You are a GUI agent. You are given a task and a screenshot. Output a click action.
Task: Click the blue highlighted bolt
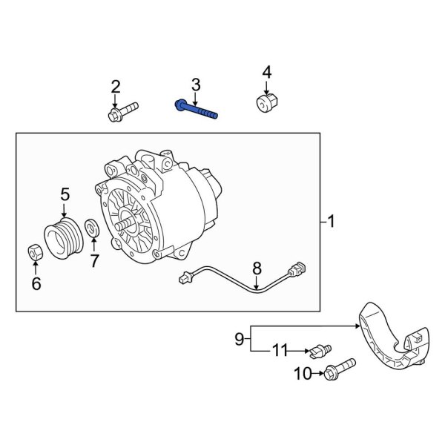[197, 110]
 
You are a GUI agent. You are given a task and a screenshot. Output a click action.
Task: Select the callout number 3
[196, 85]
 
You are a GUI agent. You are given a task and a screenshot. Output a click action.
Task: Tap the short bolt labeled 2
[123, 112]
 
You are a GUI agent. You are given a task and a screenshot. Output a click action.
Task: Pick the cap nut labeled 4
[267, 104]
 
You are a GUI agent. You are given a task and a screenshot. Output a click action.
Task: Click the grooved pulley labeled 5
[64, 238]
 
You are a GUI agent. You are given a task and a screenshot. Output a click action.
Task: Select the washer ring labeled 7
[92, 228]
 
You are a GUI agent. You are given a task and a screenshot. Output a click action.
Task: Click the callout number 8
[257, 268]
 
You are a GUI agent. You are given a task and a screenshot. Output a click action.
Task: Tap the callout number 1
[332, 222]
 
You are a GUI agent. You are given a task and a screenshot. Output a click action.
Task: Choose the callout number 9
[240, 339]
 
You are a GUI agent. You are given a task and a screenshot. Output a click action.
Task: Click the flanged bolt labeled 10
[340, 369]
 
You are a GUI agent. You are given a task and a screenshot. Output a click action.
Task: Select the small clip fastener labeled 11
[320, 350]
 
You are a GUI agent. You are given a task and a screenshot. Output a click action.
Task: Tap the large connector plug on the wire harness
[297, 268]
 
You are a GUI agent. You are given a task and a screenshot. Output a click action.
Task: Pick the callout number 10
[303, 374]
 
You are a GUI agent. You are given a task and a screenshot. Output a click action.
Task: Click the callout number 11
[280, 350]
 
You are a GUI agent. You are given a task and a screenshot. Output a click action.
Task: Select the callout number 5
[65, 194]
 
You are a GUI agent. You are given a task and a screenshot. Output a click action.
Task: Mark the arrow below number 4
[266, 88]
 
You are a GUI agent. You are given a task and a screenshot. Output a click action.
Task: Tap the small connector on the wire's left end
[185, 278]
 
